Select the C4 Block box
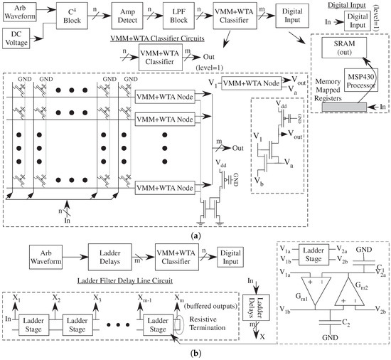(72, 16)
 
